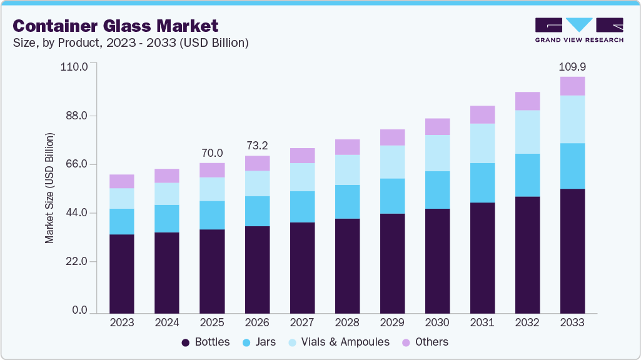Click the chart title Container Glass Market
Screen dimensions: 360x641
click(x=116, y=26)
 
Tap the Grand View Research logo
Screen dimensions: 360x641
click(x=578, y=30)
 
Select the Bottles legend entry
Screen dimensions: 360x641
click(x=206, y=342)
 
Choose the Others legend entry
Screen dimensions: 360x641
click(x=425, y=342)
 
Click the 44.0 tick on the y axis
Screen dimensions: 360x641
click(x=76, y=213)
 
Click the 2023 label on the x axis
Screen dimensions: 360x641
click(x=122, y=322)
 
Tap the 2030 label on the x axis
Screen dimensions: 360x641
click(x=437, y=322)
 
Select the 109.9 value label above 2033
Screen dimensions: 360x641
click(x=572, y=66)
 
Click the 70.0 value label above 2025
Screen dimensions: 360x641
click(x=212, y=153)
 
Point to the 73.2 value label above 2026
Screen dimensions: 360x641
click(x=257, y=146)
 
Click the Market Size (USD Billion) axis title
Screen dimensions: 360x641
click(x=49, y=188)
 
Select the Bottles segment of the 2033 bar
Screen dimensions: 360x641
click(x=572, y=250)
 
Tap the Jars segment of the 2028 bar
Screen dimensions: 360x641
click(x=347, y=201)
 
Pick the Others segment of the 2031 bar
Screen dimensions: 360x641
click(x=482, y=114)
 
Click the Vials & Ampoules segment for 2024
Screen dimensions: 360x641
click(x=167, y=194)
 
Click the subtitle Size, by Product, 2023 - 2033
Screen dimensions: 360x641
click(x=131, y=43)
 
